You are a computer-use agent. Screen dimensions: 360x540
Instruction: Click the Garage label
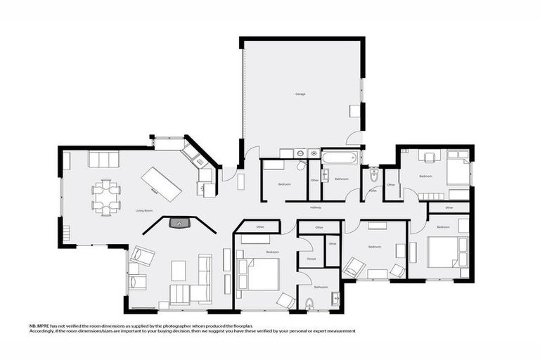(x=300, y=94)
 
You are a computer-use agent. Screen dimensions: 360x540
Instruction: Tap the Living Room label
(x=143, y=210)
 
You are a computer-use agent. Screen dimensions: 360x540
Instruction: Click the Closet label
(x=311, y=259)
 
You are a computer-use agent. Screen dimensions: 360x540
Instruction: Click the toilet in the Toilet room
(x=373, y=174)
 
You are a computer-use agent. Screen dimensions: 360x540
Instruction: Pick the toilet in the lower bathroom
(x=309, y=304)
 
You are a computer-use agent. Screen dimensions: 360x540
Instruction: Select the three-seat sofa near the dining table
(x=103, y=159)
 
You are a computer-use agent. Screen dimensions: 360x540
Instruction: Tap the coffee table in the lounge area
(x=179, y=270)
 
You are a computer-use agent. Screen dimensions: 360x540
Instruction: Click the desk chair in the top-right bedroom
(x=428, y=157)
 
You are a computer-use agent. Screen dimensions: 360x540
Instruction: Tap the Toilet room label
(x=372, y=190)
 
